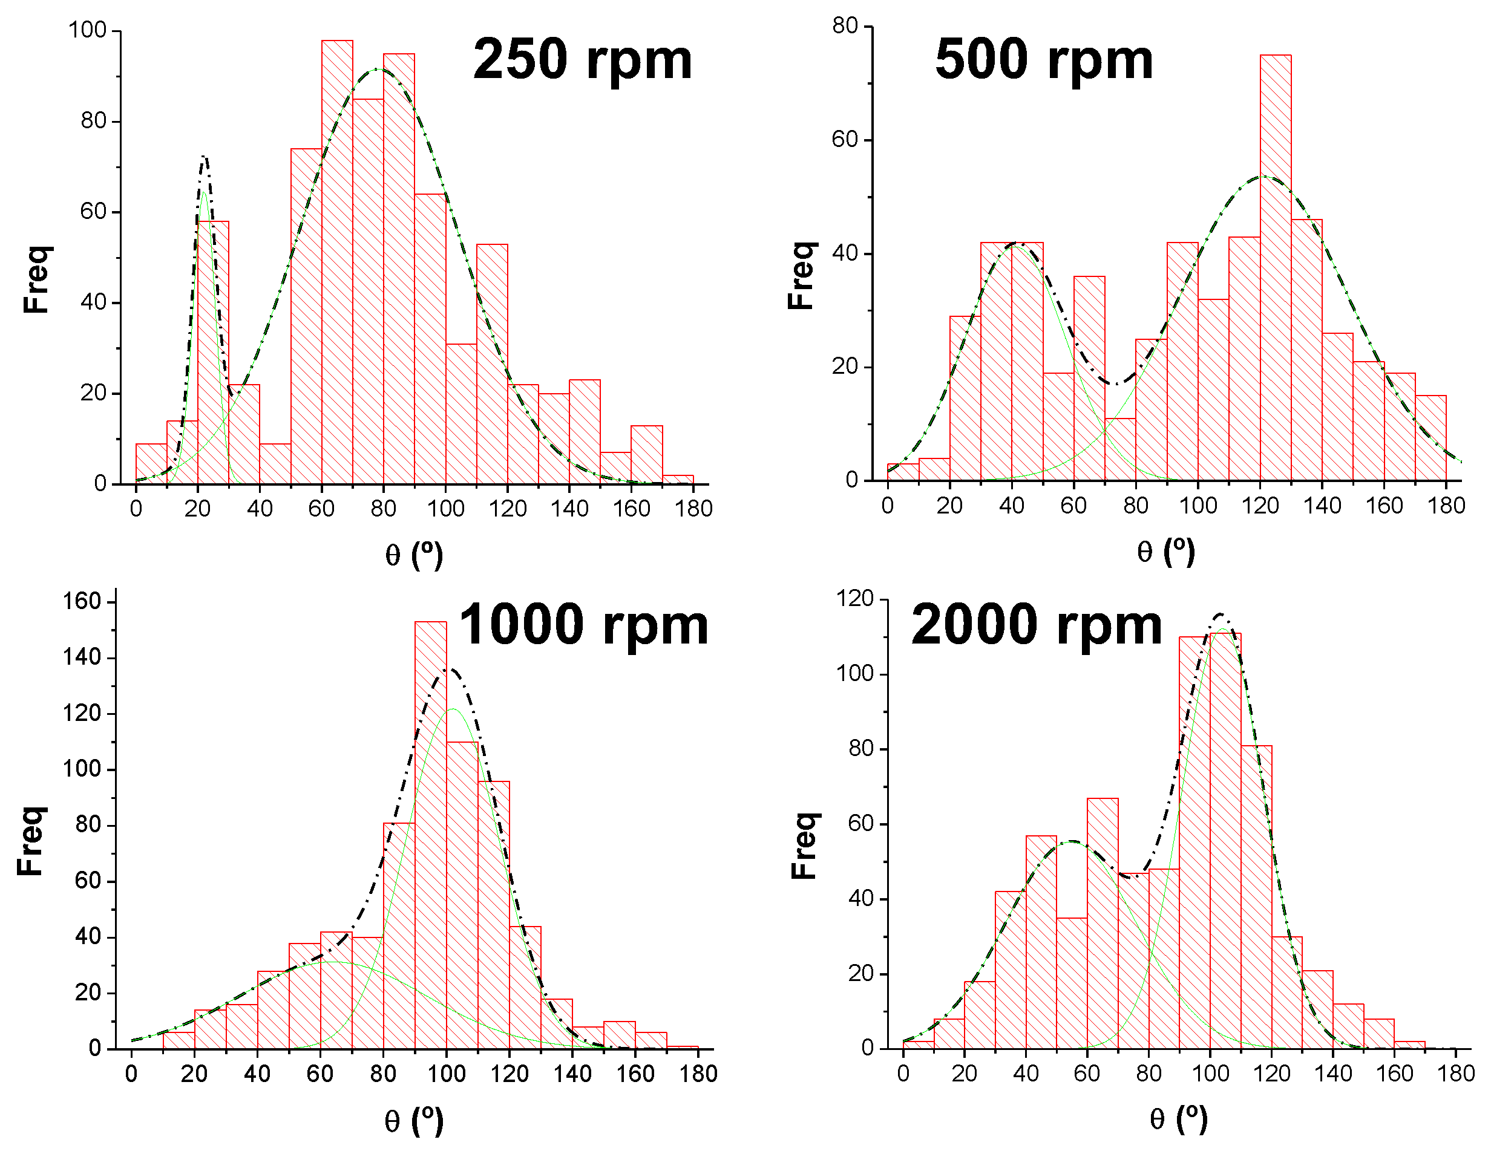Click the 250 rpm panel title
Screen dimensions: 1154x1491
pos(582,60)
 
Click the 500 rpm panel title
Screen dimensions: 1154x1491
pos(1044,60)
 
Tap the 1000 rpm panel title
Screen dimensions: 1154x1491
pos(584,625)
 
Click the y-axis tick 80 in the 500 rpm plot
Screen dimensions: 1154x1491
pos(845,26)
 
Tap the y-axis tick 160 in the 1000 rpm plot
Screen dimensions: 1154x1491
pos(82,601)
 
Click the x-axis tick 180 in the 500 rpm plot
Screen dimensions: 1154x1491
pos(1446,506)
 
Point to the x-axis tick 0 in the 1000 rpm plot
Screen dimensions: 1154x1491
pos(131,1074)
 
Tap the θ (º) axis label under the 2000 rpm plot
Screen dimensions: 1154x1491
pos(1178,1119)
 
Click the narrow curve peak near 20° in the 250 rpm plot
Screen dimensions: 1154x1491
pos(204,158)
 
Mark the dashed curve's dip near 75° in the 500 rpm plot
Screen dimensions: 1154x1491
pos(1115,384)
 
